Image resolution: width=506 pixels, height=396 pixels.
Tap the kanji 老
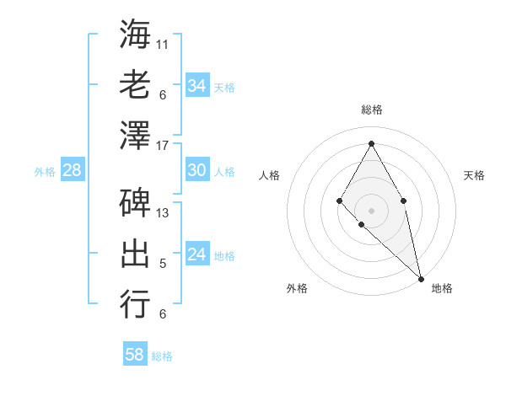(x=135, y=84)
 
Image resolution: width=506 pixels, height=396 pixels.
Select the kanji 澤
(x=135, y=135)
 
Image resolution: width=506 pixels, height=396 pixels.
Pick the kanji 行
(x=135, y=303)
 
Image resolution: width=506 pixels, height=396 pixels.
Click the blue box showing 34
(x=196, y=86)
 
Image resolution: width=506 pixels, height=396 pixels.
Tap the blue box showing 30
(x=196, y=170)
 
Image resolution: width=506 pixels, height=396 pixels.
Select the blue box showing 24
(x=196, y=254)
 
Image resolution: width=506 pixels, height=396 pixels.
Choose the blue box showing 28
(x=72, y=170)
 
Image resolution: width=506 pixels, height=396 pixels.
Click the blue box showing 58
(x=135, y=355)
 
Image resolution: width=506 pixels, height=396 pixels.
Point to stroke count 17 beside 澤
(x=164, y=145)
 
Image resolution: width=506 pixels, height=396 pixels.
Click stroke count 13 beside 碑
(x=164, y=212)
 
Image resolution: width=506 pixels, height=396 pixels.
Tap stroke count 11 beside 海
(x=164, y=44)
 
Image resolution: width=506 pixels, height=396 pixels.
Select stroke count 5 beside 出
(x=163, y=264)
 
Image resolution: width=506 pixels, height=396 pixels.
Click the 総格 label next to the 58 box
(x=162, y=356)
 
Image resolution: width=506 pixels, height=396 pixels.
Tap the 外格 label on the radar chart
(x=297, y=288)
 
